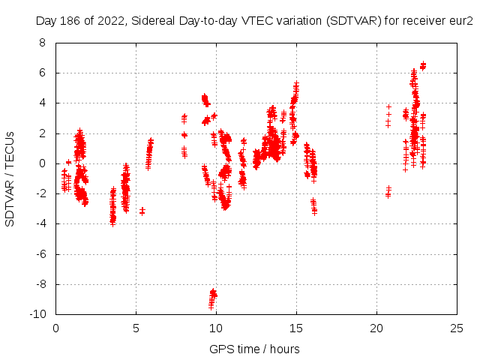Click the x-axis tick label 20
376,328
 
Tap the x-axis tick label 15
296,328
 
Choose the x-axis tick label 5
136,328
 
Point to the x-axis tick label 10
216,328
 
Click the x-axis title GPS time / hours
255,349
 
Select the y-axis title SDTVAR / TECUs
10,178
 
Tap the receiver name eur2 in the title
460,22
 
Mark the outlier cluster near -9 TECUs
213,298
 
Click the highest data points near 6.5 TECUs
423,66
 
